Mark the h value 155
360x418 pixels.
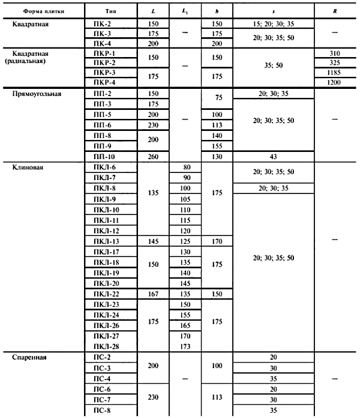218,146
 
